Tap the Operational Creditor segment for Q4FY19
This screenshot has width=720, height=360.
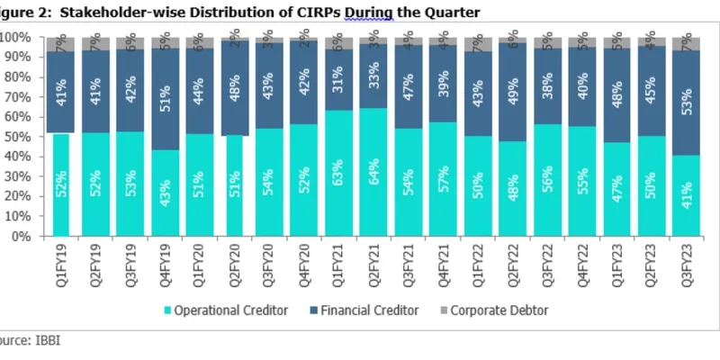click(x=165, y=193)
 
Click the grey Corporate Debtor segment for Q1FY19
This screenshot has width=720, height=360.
click(x=61, y=42)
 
